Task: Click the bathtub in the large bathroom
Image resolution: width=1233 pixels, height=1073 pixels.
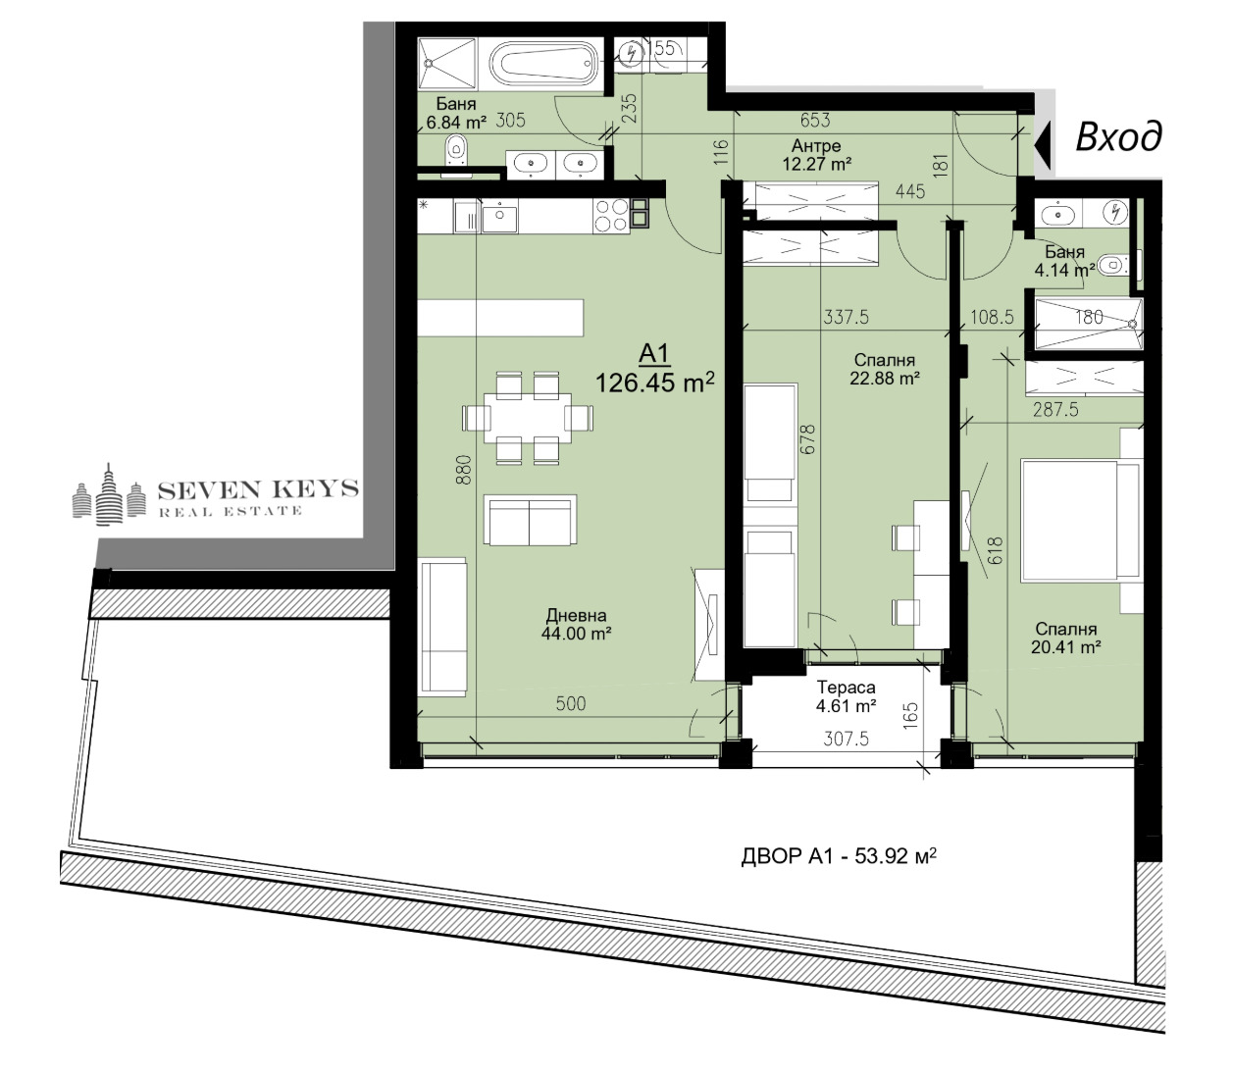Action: click(544, 65)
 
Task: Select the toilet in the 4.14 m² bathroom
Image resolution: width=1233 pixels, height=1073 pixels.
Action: click(1112, 265)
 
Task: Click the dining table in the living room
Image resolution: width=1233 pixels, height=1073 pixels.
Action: click(528, 418)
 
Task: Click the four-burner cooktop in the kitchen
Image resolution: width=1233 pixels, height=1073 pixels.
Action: click(612, 216)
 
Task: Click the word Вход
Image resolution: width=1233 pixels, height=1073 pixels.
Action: click(1118, 136)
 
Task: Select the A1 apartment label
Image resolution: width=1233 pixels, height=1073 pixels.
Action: click(654, 354)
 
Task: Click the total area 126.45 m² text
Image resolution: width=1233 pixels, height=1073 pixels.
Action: click(655, 383)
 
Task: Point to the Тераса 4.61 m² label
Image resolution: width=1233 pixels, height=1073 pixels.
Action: click(847, 696)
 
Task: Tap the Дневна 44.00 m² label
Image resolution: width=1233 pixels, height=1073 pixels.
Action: click(576, 624)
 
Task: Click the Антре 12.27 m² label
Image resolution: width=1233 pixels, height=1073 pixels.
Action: click(816, 155)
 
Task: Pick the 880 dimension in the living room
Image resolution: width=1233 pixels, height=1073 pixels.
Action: click(465, 470)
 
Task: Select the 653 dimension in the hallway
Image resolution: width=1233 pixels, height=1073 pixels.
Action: click(815, 121)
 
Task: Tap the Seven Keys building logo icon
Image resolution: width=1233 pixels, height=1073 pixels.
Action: click(109, 494)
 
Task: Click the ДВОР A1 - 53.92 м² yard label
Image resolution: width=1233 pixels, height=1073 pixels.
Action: click(839, 855)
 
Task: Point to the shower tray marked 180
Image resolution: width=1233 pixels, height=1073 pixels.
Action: click(1089, 325)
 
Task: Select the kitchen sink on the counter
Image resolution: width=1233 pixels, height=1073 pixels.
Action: click(499, 217)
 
